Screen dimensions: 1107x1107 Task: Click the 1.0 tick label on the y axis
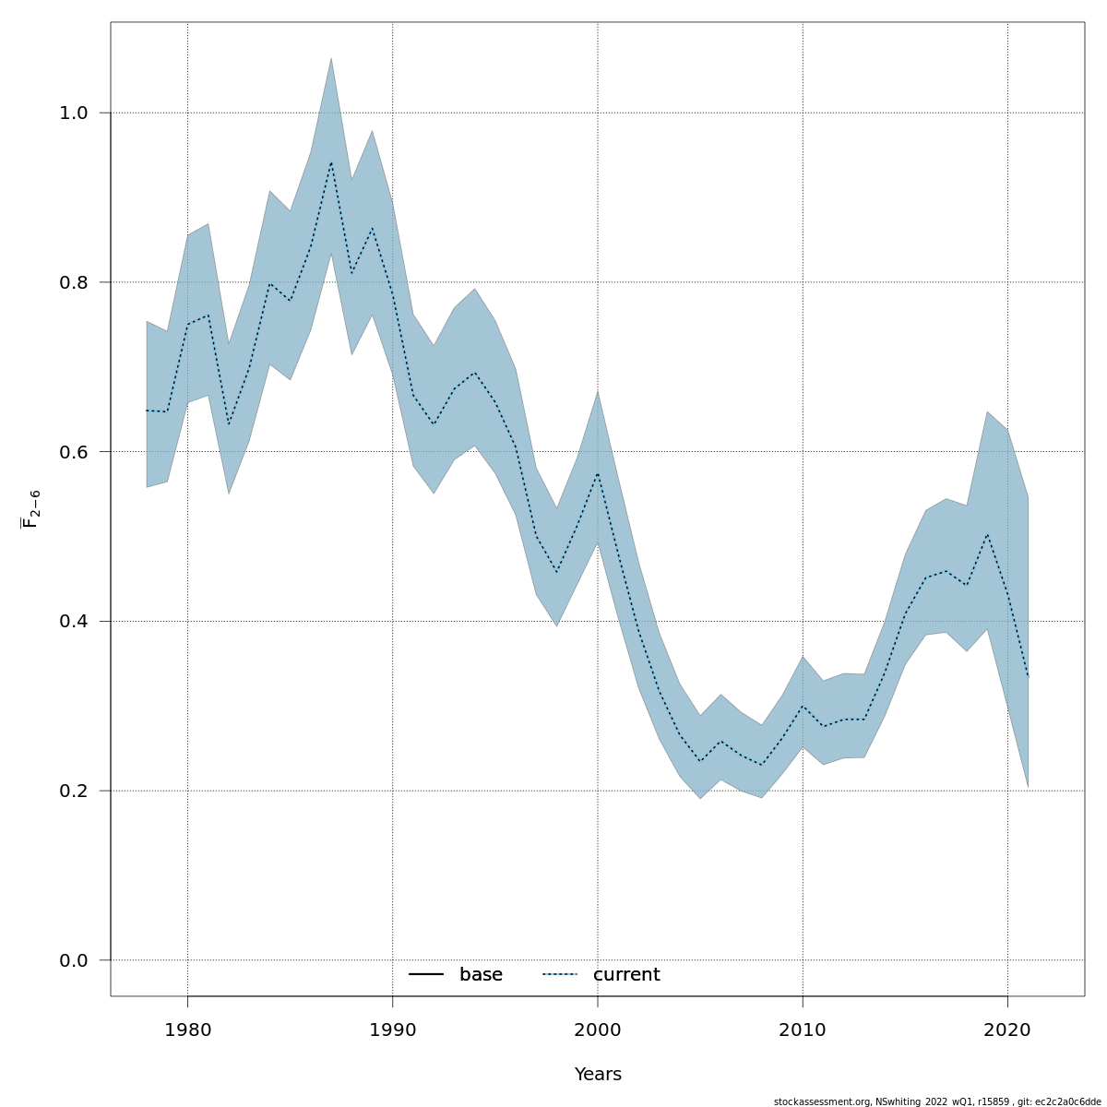tap(73, 113)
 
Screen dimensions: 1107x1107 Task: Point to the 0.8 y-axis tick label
tap(73, 282)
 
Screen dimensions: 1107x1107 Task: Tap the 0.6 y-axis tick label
tap(73, 452)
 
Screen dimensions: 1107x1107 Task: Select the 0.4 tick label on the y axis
tap(73, 621)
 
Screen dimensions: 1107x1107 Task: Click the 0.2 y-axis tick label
tap(73, 791)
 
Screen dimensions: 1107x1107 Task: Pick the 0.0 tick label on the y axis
tap(73, 960)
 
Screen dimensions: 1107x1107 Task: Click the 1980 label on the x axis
tap(187, 1030)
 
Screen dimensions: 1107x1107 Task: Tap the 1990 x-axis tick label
tap(392, 1030)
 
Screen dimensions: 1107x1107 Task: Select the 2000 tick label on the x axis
tap(598, 1030)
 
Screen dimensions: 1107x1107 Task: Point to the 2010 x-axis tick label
tap(803, 1030)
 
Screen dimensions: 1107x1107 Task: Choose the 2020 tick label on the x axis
tap(1007, 1030)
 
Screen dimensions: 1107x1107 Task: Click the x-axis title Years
tap(598, 1075)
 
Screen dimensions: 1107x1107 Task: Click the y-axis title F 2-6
tap(30, 508)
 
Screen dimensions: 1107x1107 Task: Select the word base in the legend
tap(481, 975)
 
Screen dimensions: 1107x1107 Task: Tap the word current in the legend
tap(626, 975)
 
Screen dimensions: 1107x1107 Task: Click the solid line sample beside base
tap(426, 975)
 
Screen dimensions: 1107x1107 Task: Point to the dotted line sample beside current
tap(559, 975)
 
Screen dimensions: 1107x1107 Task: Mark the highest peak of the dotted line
tap(331, 162)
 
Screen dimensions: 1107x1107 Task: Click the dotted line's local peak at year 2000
tap(598, 473)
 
